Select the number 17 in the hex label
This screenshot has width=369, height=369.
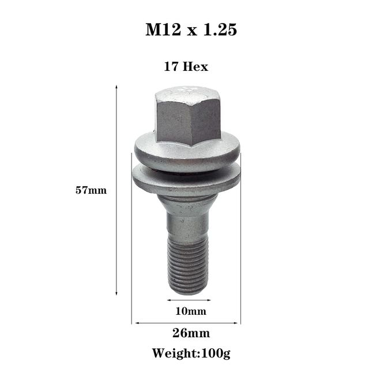(x=170, y=67)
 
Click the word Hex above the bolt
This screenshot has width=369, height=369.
(x=195, y=67)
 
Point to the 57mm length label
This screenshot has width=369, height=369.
(x=91, y=190)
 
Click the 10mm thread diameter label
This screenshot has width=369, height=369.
(x=190, y=312)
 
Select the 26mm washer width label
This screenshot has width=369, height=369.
(x=191, y=333)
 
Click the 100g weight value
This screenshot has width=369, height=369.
(x=216, y=352)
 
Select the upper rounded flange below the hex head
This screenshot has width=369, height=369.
(x=188, y=152)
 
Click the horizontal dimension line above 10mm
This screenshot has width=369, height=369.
(x=189, y=300)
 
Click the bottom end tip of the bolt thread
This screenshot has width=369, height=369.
(x=188, y=291)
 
